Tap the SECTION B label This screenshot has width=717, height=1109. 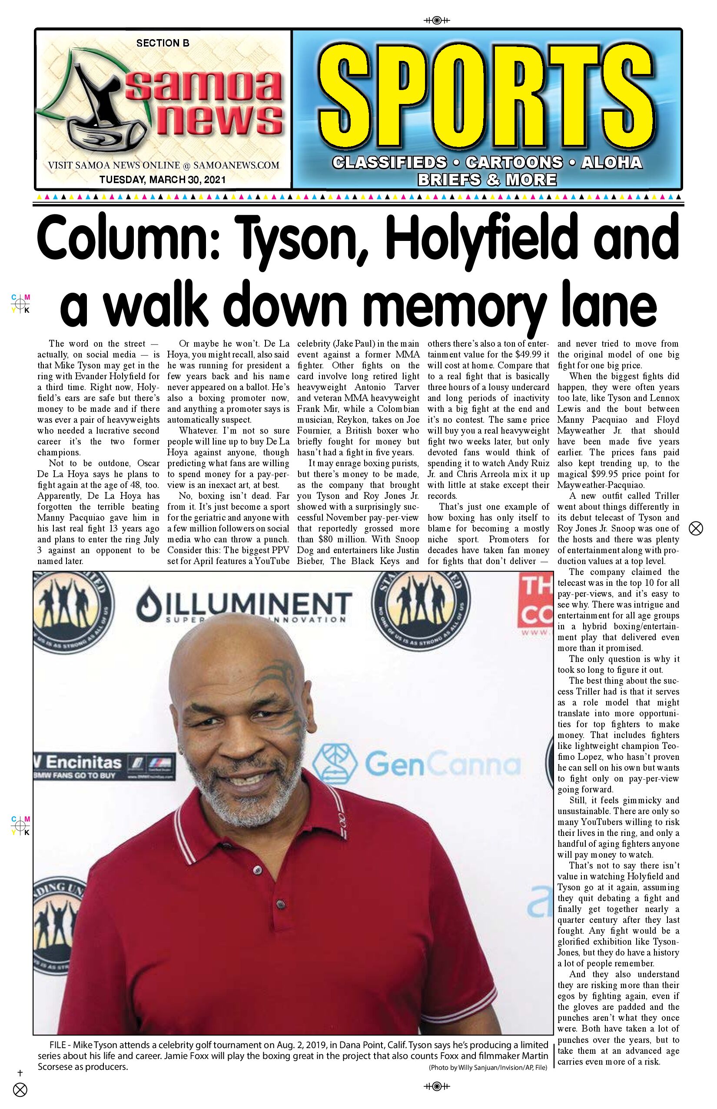163,43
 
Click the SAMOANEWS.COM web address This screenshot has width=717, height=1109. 236,165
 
